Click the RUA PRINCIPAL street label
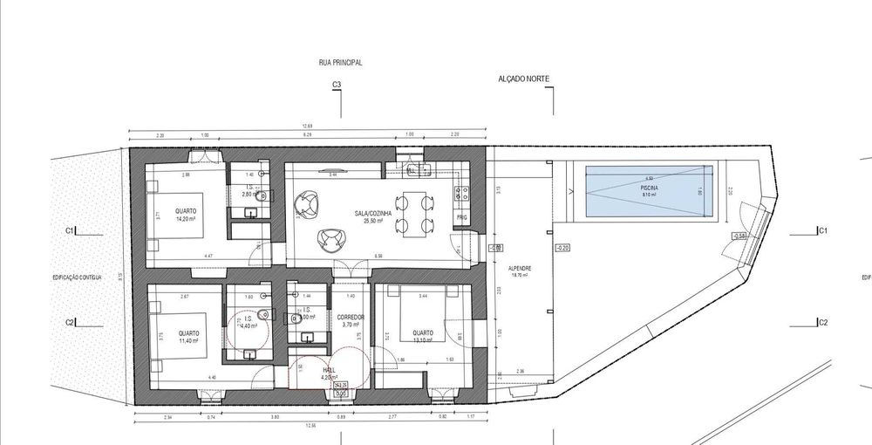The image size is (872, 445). (340, 63)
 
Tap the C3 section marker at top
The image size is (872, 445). (337, 85)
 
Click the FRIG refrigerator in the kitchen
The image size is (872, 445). (461, 216)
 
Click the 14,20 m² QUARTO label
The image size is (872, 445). (185, 214)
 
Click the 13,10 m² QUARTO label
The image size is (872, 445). (423, 335)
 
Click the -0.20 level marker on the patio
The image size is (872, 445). (564, 248)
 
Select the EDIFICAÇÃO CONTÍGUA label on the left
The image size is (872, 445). (77, 277)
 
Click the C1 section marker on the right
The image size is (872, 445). (821, 230)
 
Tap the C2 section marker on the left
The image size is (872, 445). (70, 322)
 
